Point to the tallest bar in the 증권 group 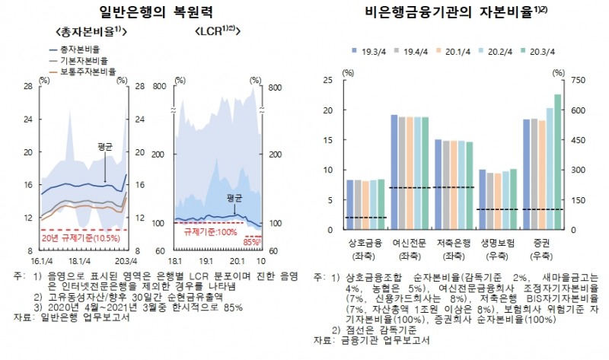[x=557, y=162]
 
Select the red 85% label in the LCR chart [x=252, y=242]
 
